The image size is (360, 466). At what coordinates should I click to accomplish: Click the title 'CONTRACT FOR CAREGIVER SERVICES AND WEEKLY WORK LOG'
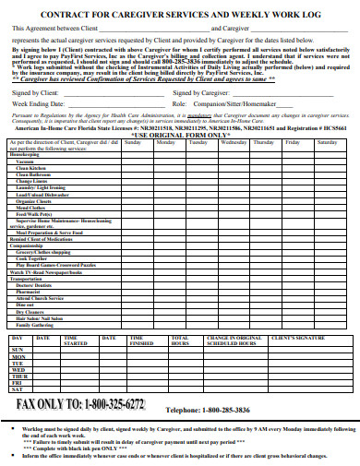pyautogui.click(x=180, y=15)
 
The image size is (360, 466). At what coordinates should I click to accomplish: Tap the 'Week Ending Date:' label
pyautogui.click(x=38, y=104)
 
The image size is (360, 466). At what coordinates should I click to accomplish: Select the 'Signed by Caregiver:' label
pyautogui.click(x=200, y=94)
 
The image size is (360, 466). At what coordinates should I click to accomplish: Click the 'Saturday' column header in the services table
pyautogui.click(x=327, y=142)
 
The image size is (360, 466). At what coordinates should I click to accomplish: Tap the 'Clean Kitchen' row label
pyautogui.click(x=32, y=169)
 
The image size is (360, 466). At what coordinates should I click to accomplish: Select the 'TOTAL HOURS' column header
pyautogui.click(x=181, y=341)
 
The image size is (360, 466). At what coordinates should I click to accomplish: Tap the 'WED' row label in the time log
pyautogui.click(x=18, y=369)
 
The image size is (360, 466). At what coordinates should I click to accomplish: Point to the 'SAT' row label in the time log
pyautogui.click(x=17, y=389)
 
